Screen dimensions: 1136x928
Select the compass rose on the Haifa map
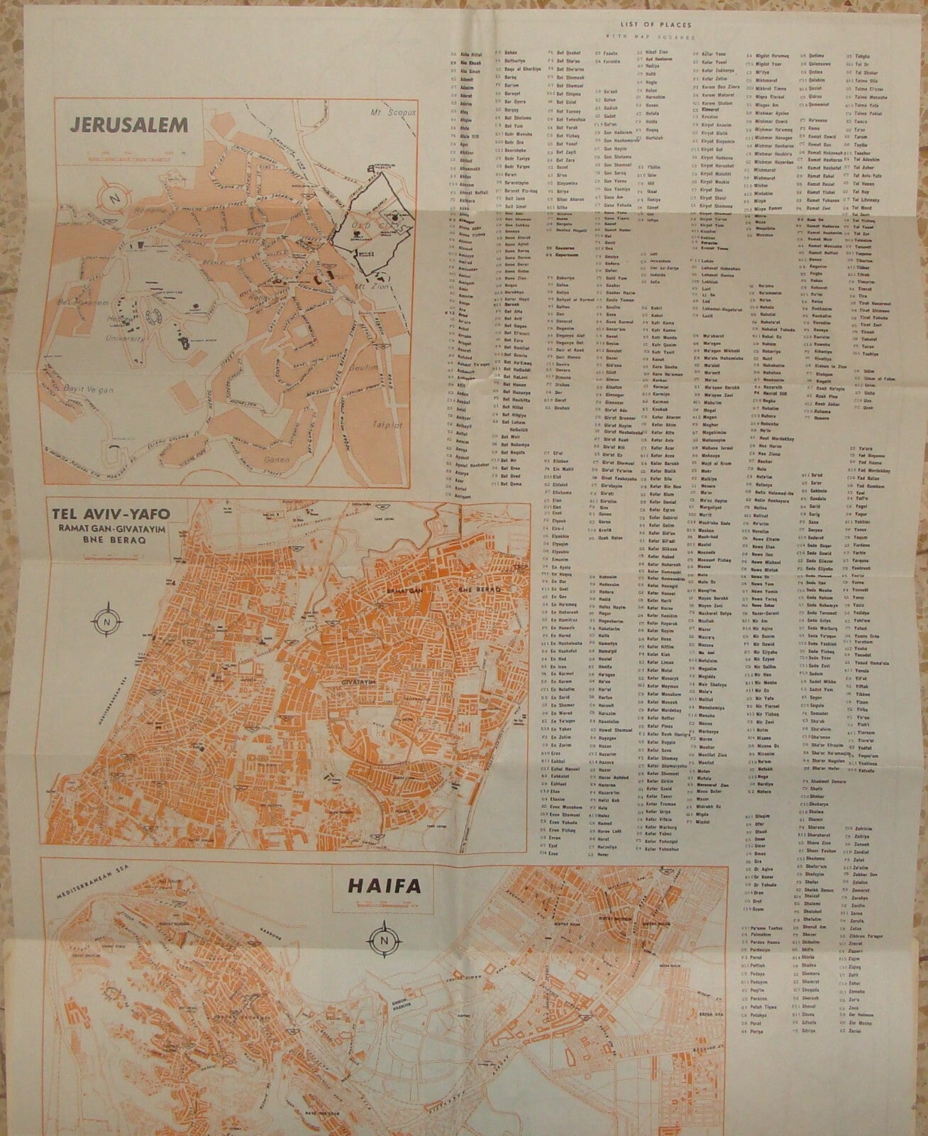pos(385,938)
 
